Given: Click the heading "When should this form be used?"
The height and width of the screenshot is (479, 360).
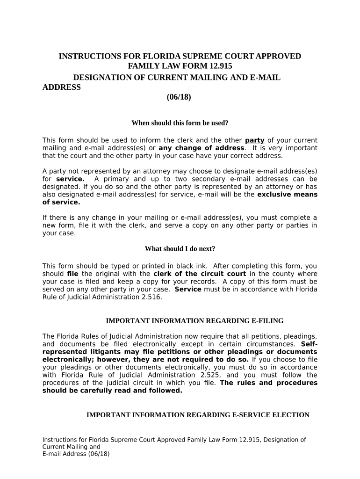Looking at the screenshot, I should pos(180,123).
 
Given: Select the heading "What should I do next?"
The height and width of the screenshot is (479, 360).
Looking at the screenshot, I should pos(180,248).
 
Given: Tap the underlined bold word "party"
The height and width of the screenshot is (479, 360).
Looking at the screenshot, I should pos(255,140).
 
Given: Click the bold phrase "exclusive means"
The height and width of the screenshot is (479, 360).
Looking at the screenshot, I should pos(287,195).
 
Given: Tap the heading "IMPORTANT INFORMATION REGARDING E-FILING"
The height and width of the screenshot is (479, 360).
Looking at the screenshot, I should pos(194,321).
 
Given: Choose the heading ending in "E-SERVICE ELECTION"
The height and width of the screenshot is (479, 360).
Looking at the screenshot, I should pos(198,415).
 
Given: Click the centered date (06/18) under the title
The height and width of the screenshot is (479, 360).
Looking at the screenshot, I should pos(179,97).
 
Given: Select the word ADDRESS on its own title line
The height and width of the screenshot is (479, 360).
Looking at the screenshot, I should pos(61,87).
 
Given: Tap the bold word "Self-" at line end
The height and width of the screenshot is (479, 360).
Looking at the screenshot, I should pos(309,343).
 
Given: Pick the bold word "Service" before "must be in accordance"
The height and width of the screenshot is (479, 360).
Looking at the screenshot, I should pos(188,289).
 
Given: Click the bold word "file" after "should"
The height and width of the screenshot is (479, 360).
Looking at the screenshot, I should pos(73,274).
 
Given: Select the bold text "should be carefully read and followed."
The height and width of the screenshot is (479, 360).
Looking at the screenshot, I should pos(112,391).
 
